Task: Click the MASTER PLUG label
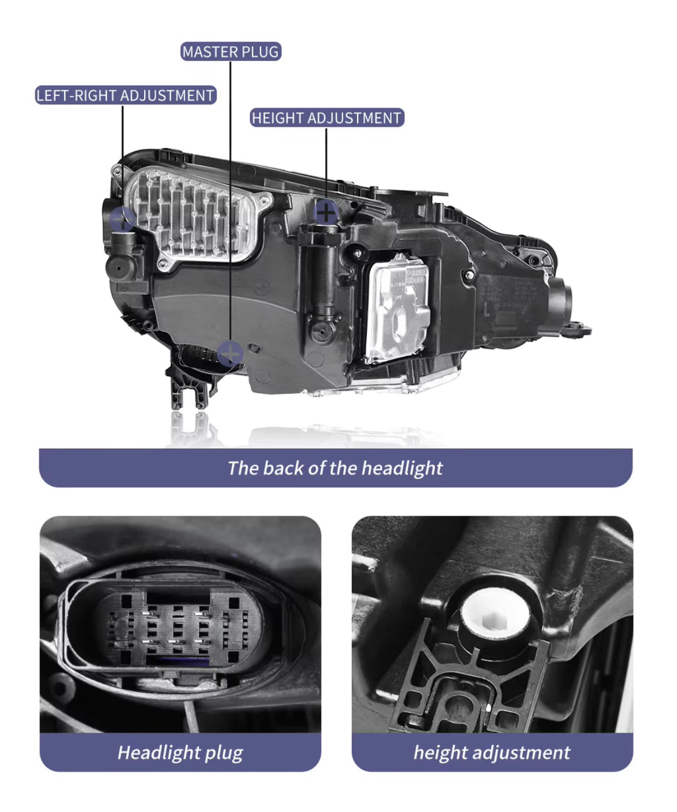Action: click(230, 52)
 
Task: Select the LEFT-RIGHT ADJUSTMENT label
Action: click(126, 95)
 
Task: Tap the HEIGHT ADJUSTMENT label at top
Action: click(327, 118)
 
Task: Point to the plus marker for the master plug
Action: click(230, 354)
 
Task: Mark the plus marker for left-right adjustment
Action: click(123, 219)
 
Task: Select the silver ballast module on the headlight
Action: click(396, 305)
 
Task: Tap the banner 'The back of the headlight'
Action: click(335, 468)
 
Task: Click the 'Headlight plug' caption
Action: click(180, 752)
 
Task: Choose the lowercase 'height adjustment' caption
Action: click(492, 752)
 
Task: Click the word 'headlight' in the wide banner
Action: click(402, 468)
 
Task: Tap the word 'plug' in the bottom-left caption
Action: click(223, 752)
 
